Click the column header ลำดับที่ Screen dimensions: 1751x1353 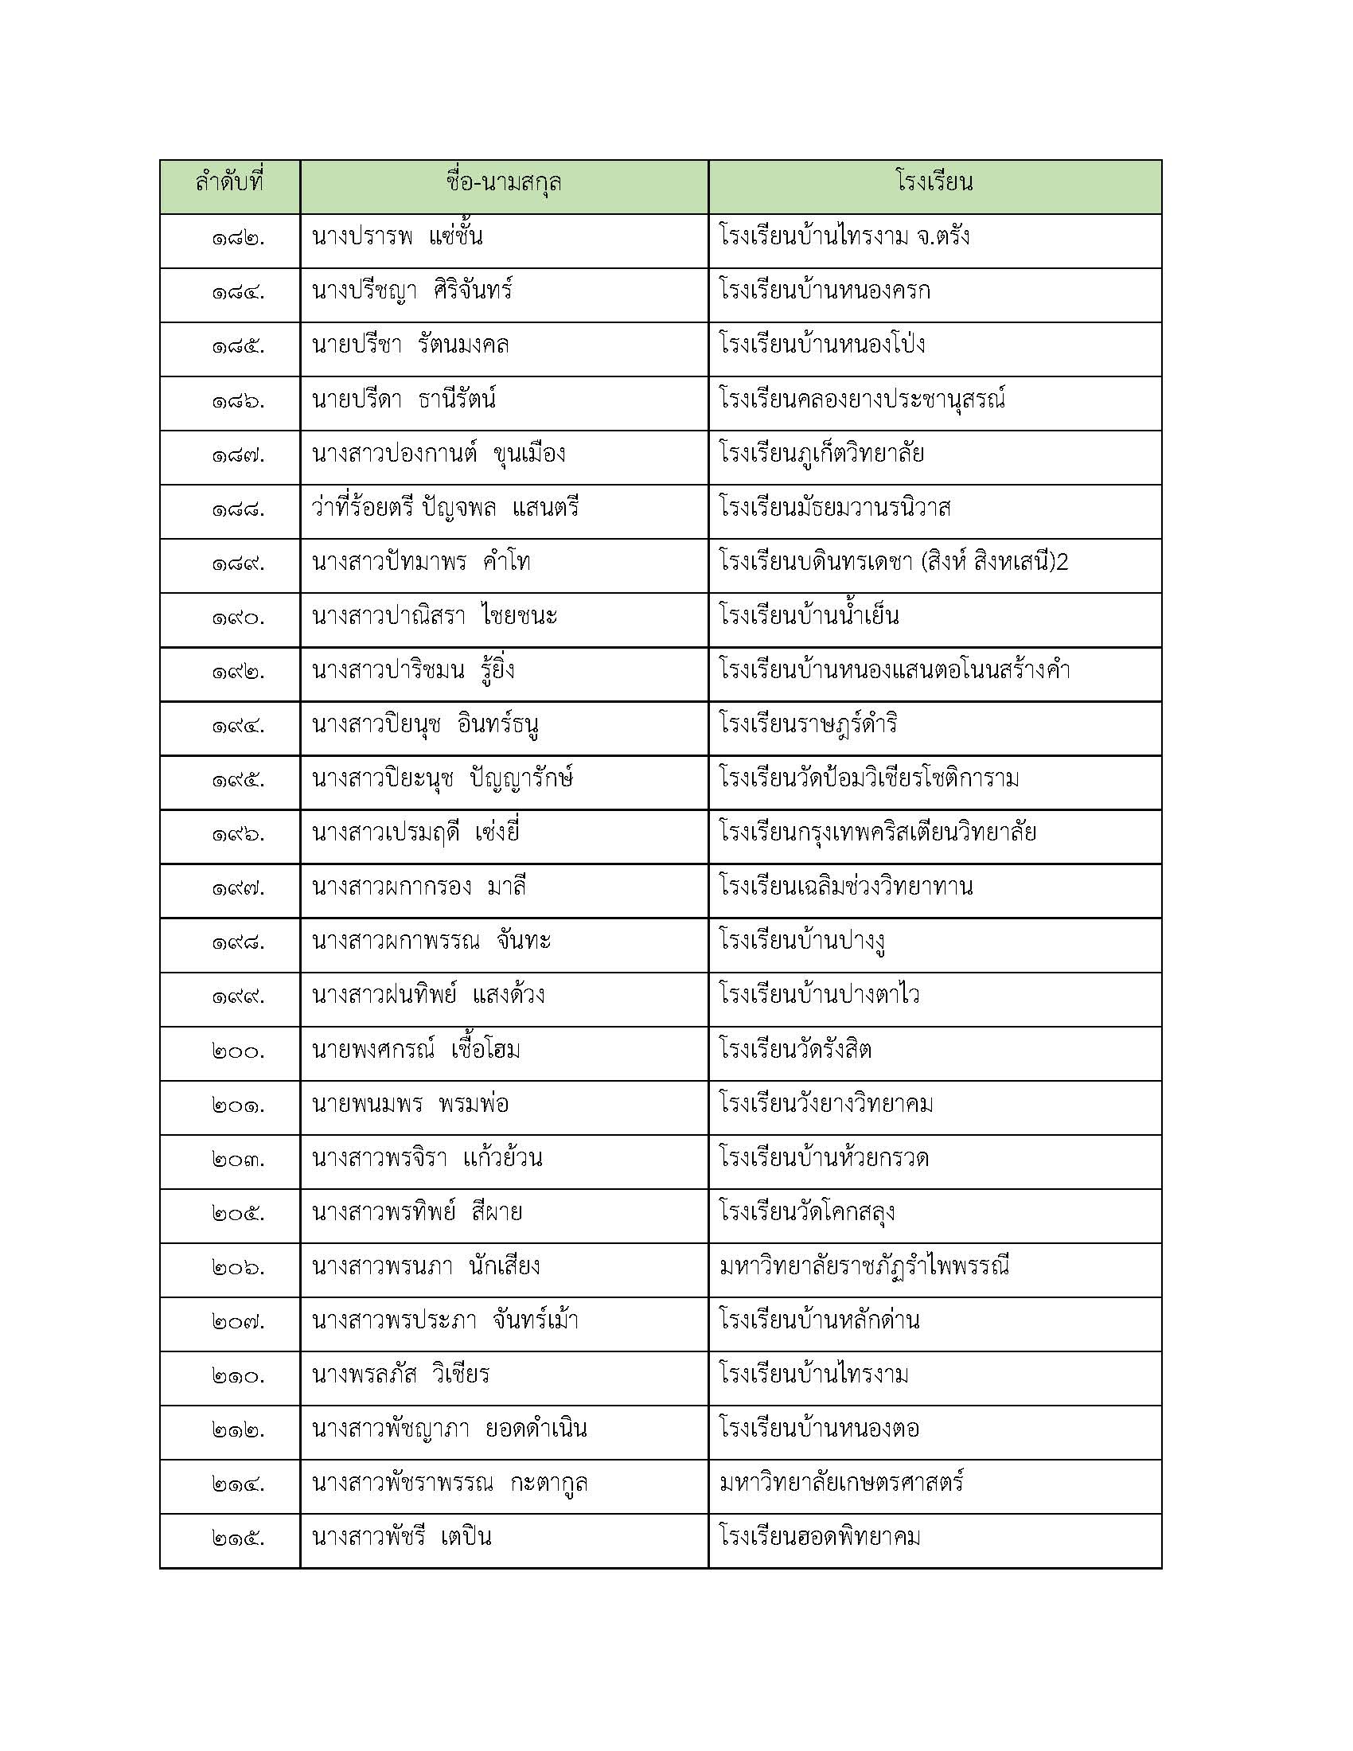(x=229, y=184)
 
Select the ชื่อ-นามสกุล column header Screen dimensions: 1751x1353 (x=503, y=184)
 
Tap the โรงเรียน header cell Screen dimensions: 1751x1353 (x=934, y=184)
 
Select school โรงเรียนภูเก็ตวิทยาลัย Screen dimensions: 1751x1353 (x=821, y=454)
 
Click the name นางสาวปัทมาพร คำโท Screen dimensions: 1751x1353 (x=421, y=563)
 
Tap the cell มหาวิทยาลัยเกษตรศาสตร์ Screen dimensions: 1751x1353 (x=841, y=1484)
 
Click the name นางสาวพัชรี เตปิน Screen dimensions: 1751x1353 (x=402, y=1538)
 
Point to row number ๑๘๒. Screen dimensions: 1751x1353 (x=238, y=239)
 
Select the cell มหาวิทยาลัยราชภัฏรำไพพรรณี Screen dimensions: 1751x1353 (x=864, y=1268)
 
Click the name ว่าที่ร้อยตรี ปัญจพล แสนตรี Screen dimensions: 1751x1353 (x=445, y=509)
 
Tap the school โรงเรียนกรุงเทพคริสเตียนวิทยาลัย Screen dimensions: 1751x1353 (x=878, y=834)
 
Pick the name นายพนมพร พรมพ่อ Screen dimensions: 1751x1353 (x=410, y=1105)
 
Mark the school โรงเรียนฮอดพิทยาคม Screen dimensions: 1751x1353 (x=820, y=1538)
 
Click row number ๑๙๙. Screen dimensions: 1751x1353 (x=238, y=997)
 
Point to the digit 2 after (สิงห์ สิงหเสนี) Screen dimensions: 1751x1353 (x=1062, y=563)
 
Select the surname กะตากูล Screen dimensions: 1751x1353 (x=549, y=1484)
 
